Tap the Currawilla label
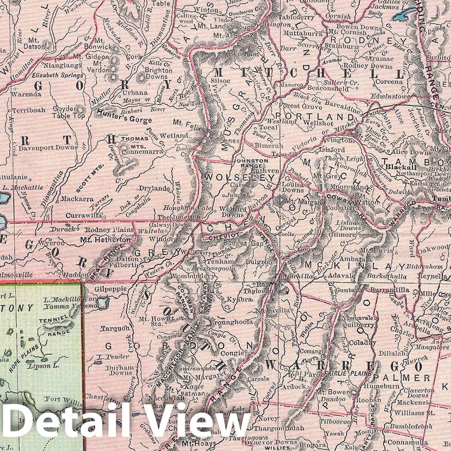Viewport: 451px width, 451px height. tap(81, 215)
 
